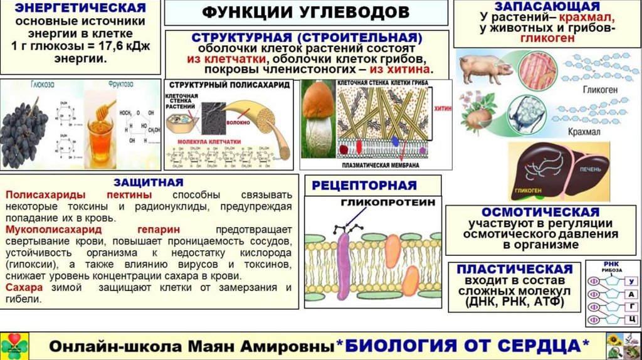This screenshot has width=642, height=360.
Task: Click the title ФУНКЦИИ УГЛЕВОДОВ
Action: (306, 13)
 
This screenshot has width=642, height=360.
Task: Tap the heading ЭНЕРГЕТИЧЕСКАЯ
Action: (80, 9)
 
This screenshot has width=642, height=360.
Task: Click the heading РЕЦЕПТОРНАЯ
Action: (364, 185)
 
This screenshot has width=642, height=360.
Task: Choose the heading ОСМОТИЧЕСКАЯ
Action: (540, 213)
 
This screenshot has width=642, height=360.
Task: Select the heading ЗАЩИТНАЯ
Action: (149, 183)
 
